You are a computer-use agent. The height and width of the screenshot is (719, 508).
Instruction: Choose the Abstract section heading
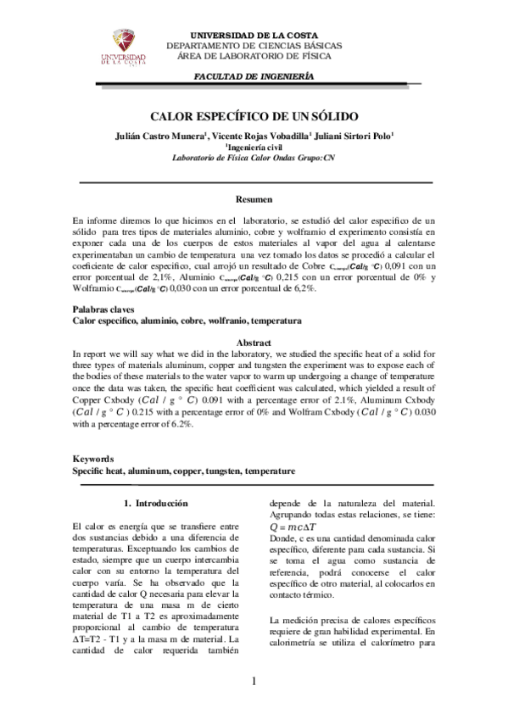pos(253,343)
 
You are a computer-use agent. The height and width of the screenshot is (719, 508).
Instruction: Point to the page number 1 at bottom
pos(254,682)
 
